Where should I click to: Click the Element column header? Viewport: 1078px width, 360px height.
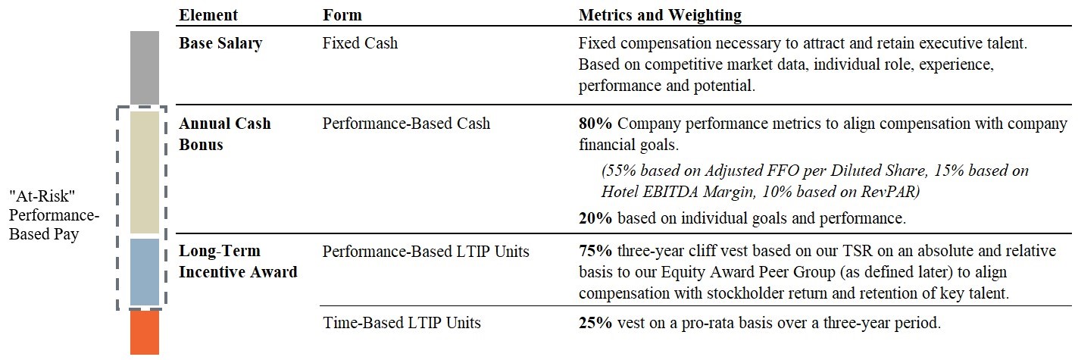tap(208, 15)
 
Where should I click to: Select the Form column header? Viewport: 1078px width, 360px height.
tap(342, 15)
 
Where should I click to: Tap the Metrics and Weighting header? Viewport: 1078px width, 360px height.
tap(660, 15)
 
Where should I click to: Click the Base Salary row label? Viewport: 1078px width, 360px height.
tap(220, 43)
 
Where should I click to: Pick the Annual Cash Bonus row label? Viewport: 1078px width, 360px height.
tap(225, 133)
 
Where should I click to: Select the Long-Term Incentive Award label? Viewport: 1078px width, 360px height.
tap(238, 261)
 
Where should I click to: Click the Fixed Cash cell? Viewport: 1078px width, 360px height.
tap(360, 43)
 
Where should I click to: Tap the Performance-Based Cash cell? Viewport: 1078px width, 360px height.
tap(406, 124)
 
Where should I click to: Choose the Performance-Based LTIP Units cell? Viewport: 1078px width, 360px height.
tap(426, 251)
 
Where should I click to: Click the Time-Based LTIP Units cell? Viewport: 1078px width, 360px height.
tap(402, 323)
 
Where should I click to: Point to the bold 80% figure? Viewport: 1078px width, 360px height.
tap(595, 124)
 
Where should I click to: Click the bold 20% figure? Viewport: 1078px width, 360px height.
tap(595, 219)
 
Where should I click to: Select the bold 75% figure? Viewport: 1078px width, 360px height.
tap(595, 251)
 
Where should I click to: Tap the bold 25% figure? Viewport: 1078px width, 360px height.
tap(595, 323)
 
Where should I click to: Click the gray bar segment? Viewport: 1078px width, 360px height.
tap(145, 67)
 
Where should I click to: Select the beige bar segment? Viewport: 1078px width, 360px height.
tap(145, 172)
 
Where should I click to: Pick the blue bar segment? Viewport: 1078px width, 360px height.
tap(145, 271)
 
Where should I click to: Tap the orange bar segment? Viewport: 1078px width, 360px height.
tap(145, 333)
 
